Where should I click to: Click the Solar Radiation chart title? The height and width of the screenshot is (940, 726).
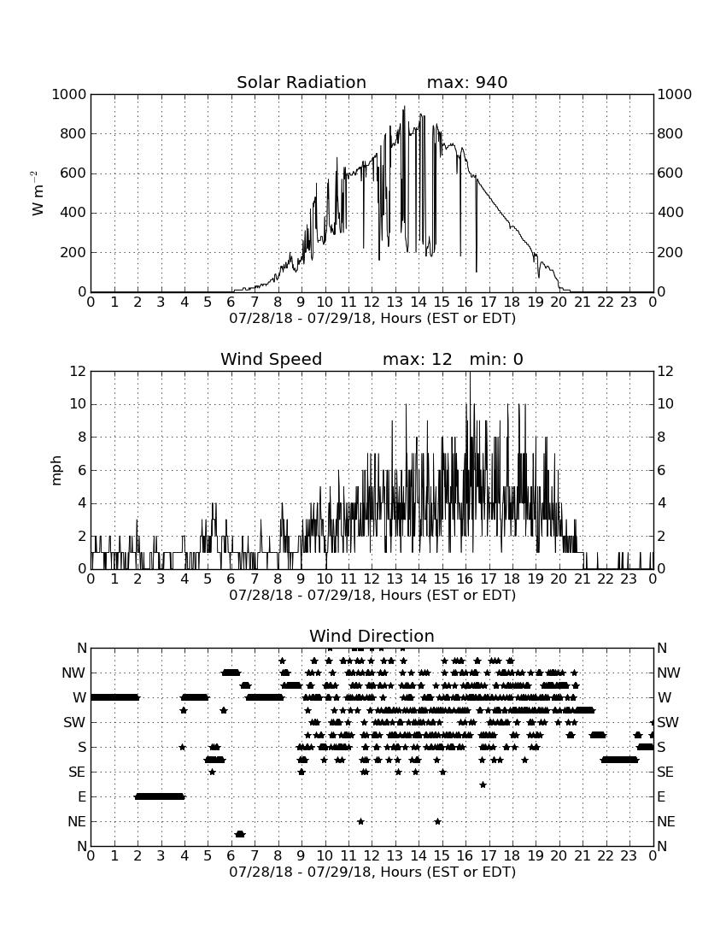coord(302,82)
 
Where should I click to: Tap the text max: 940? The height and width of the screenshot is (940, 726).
coord(467,82)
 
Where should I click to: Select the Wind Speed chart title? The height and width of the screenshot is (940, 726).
coord(272,359)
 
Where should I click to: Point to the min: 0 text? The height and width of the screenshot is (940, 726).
coord(496,359)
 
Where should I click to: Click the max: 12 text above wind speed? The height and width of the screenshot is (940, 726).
coord(418,359)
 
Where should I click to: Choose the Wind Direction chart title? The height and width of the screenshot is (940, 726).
coord(372,636)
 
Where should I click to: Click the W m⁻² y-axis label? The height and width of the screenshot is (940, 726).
coord(37,193)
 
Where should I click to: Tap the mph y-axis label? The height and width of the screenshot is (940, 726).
coord(56,470)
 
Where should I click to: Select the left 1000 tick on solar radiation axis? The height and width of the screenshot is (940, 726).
coord(69,95)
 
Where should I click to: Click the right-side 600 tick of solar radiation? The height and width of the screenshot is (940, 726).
coord(670,173)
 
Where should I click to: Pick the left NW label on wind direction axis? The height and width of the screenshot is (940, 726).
coord(73,673)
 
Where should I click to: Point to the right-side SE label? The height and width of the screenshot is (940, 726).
coord(665,773)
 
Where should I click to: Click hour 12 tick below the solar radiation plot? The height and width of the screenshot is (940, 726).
coord(372,303)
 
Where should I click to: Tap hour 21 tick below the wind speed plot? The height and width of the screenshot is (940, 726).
coord(583,579)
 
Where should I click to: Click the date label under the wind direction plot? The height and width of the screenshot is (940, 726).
coord(372,872)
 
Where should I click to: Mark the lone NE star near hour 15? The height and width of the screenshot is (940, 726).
coord(438,821)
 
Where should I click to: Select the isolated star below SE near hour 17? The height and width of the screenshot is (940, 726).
coord(483,784)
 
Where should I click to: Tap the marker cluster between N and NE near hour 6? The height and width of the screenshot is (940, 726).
coord(240,834)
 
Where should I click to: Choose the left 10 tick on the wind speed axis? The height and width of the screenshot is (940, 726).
coord(79,404)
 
